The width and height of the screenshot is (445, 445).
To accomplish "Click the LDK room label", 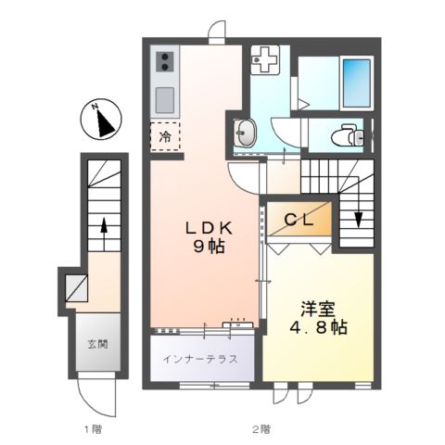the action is (x=209, y=228).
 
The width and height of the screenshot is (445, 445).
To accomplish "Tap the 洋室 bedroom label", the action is (x=318, y=309).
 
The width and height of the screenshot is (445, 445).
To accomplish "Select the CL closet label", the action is (x=299, y=220).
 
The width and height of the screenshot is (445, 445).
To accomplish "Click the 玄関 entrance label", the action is (x=97, y=344).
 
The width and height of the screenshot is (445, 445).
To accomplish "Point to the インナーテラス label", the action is (x=200, y=359).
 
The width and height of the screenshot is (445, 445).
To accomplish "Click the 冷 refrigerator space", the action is (x=165, y=136).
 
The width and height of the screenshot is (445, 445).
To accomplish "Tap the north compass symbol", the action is (x=101, y=119).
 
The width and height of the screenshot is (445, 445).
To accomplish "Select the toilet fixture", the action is (x=348, y=134).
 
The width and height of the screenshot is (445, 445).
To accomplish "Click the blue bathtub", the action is (x=357, y=83).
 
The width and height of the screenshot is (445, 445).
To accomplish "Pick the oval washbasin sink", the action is (x=245, y=133).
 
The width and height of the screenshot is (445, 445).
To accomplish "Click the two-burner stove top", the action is (x=165, y=62).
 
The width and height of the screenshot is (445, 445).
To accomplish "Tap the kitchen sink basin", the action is (x=165, y=100).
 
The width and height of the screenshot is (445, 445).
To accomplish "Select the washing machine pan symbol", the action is (x=265, y=59).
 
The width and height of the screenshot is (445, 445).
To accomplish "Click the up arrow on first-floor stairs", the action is (x=104, y=234).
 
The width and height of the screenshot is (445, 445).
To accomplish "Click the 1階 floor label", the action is (x=93, y=429).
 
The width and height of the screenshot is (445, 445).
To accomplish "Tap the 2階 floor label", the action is (x=261, y=429).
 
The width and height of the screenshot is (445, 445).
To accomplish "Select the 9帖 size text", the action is (x=209, y=247).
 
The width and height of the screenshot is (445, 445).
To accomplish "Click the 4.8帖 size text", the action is (x=318, y=327).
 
